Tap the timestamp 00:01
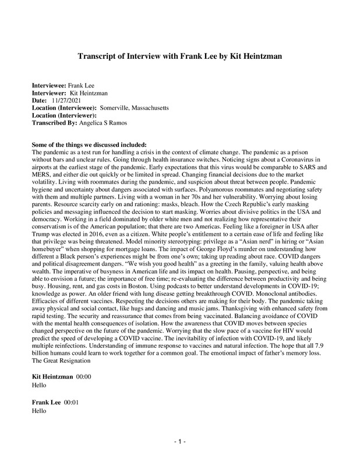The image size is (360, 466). (72, 401)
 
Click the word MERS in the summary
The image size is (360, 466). (41, 175)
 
